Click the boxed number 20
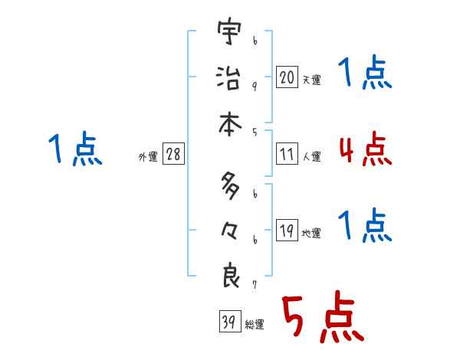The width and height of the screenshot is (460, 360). (x=286, y=77)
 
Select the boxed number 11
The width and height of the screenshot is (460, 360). (x=286, y=155)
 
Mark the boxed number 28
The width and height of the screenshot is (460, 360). (x=173, y=155)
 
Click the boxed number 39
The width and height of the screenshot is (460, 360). (x=228, y=322)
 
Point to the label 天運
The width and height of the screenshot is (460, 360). (x=311, y=80)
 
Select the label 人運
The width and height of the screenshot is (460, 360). (x=311, y=157)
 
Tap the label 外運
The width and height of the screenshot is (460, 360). (x=147, y=157)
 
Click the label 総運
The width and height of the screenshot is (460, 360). (x=254, y=324)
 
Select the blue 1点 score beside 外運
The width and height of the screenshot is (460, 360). (x=76, y=149)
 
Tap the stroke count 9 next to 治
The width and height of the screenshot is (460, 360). (x=255, y=85)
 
